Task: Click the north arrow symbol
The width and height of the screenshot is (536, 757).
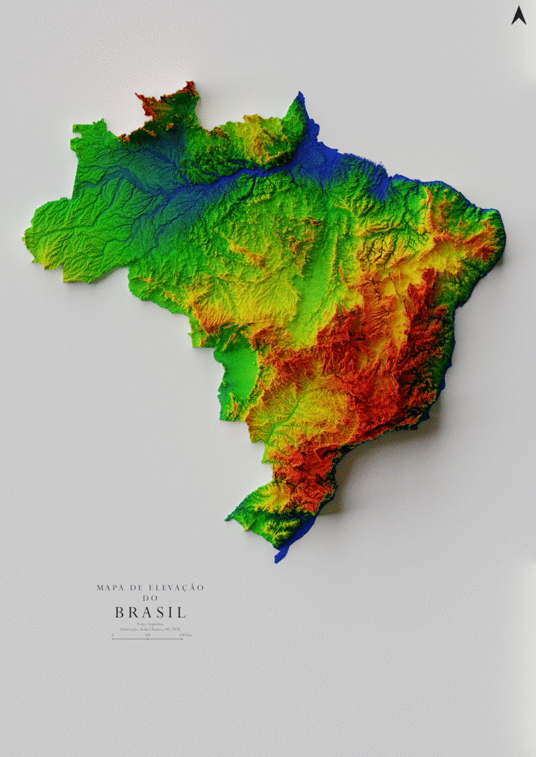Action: pos(518,15)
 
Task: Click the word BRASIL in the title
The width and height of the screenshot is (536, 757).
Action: pos(151,613)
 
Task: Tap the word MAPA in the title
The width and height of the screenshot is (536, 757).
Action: pos(109,587)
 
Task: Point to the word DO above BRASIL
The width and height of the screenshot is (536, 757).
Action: pos(151,599)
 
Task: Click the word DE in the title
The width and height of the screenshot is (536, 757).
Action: pos(133,587)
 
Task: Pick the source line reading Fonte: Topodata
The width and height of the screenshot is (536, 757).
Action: pos(150,624)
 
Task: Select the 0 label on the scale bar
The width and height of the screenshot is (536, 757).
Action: pos(113,634)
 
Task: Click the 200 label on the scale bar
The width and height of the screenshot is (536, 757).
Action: pos(147,634)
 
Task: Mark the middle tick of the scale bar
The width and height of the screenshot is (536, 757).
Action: pos(147,639)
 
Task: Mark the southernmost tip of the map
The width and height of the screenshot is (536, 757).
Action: pos(277,561)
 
